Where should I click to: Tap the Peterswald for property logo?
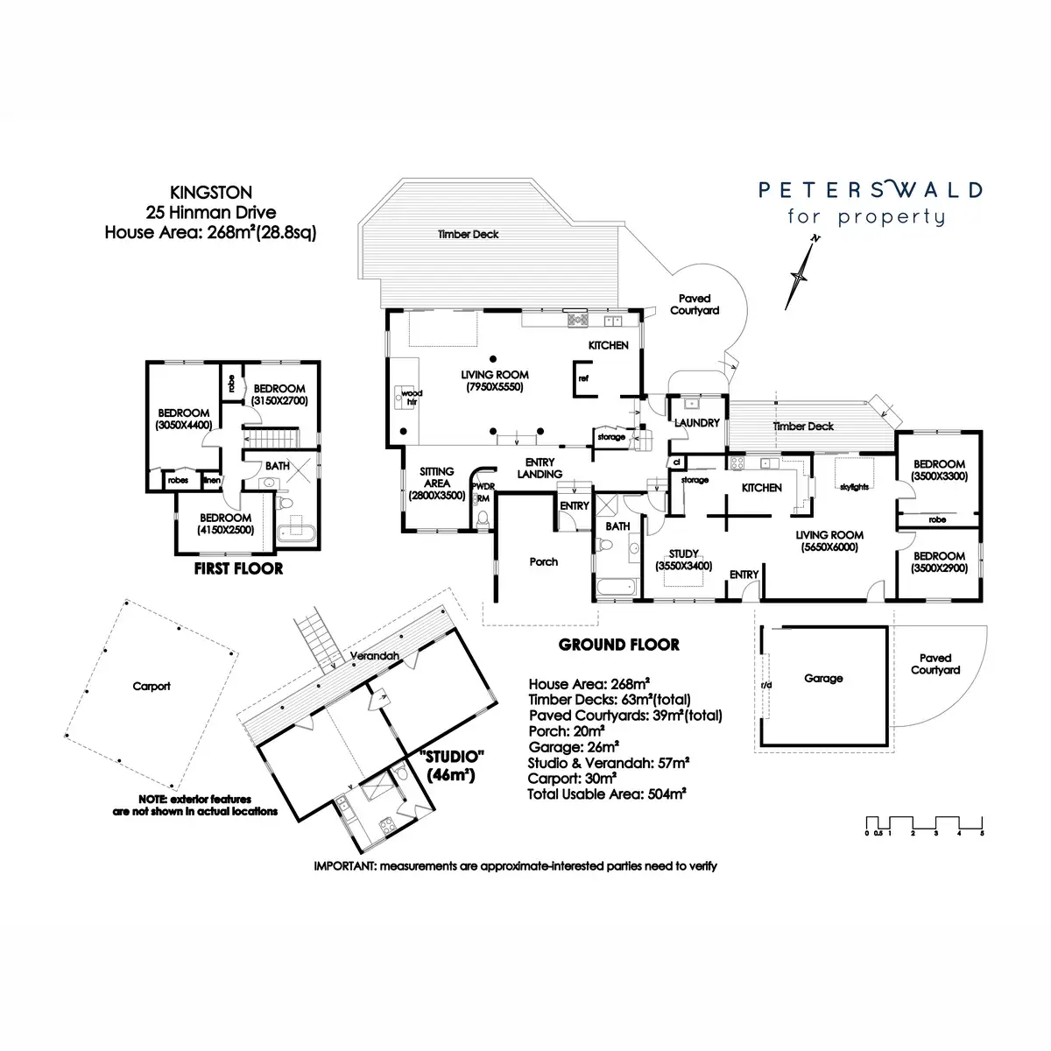[x=870, y=203]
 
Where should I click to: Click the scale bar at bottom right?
[x=924, y=825]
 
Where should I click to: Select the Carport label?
[x=151, y=686]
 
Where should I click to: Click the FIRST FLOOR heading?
[x=238, y=569]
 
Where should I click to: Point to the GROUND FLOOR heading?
[x=618, y=645]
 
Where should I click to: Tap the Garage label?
[x=823, y=679]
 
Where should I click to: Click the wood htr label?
[x=412, y=397]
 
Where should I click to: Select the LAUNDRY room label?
[x=696, y=423]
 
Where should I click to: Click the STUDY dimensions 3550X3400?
[x=683, y=566]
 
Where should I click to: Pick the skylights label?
[x=854, y=487]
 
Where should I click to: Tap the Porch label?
[x=543, y=561]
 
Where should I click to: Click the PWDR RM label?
[x=483, y=492]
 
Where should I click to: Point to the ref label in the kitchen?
[x=583, y=378]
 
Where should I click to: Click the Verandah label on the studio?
[x=374, y=656]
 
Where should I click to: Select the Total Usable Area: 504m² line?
[x=606, y=794]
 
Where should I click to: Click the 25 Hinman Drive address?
[x=210, y=212]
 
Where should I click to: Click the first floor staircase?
[x=271, y=438]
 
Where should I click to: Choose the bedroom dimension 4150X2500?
[x=225, y=530]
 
